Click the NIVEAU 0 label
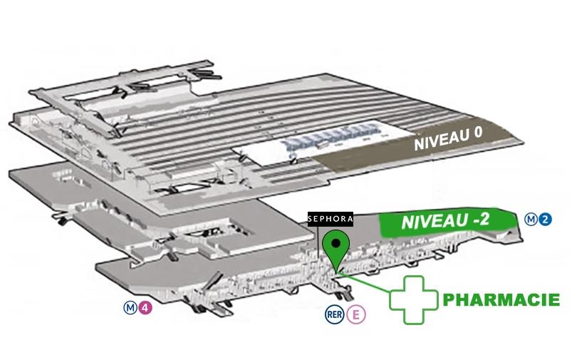(x=448, y=138)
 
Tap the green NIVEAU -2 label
(x=446, y=221)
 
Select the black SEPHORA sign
(x=331, y=219)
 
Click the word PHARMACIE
(x=501, y=299)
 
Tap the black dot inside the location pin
(x=336, y=242)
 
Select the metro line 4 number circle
(x=145, y=307)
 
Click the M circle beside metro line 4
(x=130, y=307)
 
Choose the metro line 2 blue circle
(x=546, y=220)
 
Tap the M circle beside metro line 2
(x=531, y=220)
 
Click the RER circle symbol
(x=335, y=314)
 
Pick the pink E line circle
(x=356, y=314)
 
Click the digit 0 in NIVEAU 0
(x=478, y=133)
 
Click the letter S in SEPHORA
(x=311, y=219)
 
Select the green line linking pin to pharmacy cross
(x=364, y=282)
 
